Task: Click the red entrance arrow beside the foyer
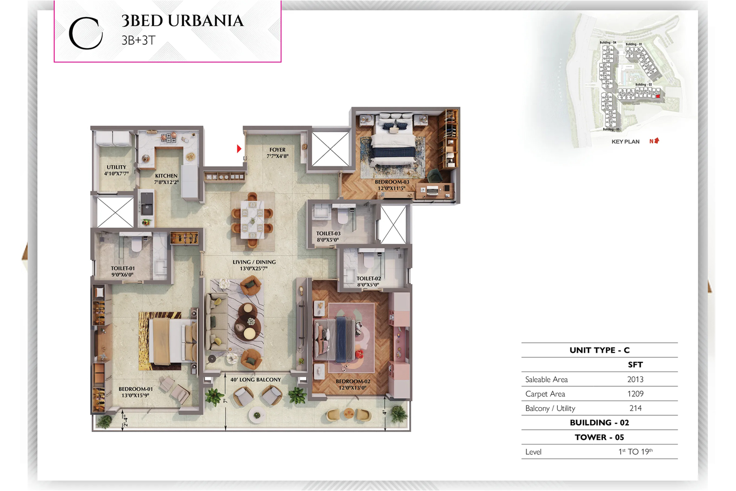[239, 149]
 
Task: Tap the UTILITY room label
[116, 168]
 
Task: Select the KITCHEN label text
[166, 176]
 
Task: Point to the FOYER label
[277, 150]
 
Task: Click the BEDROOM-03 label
[392, 182]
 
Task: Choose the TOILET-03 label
[328, 234]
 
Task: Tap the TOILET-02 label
[368, 278]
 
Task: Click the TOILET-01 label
[122, 268]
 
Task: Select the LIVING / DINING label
[254, 262]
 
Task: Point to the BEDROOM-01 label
[135, 389]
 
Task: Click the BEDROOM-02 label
[353, 381]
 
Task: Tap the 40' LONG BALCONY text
[255, 380]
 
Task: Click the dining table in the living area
[252, 220]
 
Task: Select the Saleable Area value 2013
[635, 380]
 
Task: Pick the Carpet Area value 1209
[635, 394]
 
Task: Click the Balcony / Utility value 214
[635, 408]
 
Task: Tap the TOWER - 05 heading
[599, 437]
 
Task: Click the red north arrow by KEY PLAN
[656, 141]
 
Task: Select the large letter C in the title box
[86, 33]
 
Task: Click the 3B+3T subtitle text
[138, 40]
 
